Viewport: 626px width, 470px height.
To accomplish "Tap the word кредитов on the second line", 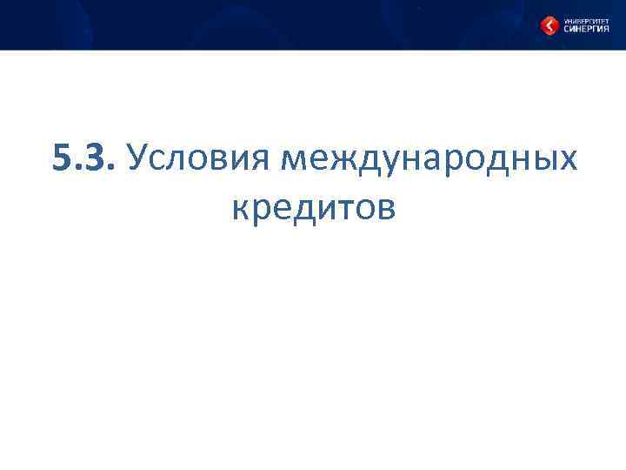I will coord(314,208).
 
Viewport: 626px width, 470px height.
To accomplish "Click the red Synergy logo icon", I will coord(549,26).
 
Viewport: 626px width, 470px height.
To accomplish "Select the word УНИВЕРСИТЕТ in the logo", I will coord(584,19).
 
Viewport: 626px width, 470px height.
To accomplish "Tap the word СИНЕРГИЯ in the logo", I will coord(584,29).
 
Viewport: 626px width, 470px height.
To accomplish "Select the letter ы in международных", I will coord(543,161).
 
